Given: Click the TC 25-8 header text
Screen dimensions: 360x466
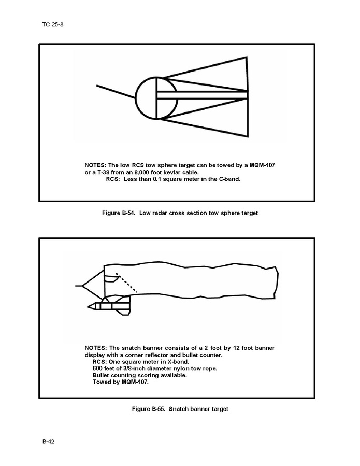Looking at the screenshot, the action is coord(52,24).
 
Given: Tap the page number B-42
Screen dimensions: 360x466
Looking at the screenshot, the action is coord(48,441).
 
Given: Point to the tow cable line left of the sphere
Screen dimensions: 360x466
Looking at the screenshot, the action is coord(116,92).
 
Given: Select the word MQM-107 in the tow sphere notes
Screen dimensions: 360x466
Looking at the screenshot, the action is coord(262,165).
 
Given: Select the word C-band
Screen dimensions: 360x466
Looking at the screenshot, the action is coord(229,179).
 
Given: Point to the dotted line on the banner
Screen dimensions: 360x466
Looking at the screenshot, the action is coord(126,283).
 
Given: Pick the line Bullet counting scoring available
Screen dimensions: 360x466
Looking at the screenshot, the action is coord(140,375).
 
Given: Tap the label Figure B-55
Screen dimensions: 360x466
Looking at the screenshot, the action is coord(149,409).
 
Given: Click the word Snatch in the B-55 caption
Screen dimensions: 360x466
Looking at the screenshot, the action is coord(179,409).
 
